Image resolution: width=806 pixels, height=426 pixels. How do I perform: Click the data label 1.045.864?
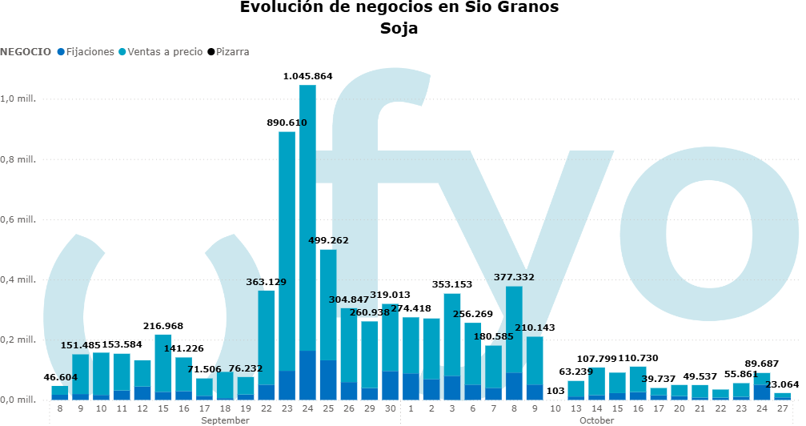click(x=307, y=76)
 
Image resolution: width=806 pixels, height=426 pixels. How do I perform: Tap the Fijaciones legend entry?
click(x=85, y=52)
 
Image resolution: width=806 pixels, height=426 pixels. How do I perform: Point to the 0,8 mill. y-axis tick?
click(x=18, y=159)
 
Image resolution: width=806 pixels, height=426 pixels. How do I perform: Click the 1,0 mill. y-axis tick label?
click(x=18, y=99)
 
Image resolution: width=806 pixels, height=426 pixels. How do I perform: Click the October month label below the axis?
click(x=597, y=420)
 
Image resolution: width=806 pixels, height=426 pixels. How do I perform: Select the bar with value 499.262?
click(x=328, y=320)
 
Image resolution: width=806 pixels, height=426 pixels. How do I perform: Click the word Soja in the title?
click(x=399, y=29)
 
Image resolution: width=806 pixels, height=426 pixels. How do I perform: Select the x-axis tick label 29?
click(x=369, y=408)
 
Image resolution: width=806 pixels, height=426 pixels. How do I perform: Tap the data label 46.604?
click(x=60, y=376)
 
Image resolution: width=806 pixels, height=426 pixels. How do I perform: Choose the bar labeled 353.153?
click(x=451, y=344)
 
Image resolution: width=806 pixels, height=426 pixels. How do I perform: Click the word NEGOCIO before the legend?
click(x=26, y=52)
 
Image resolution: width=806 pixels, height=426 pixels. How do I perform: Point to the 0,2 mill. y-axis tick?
click(x=18, y=340)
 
